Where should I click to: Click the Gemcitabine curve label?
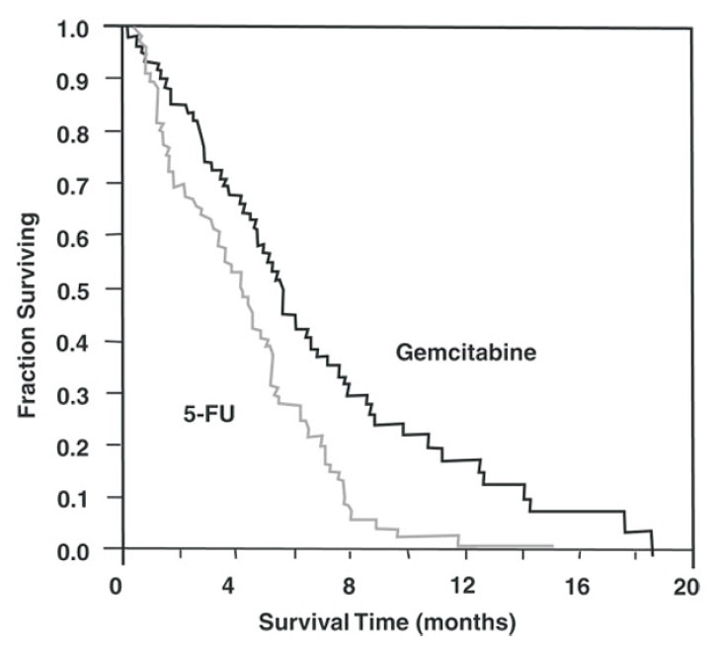click(466, 352)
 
